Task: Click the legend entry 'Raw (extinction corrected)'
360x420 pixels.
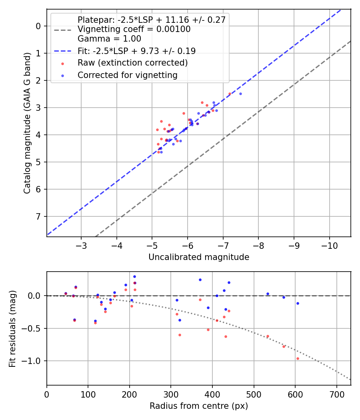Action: [132, 63]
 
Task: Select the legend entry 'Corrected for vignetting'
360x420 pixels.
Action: [128, 75]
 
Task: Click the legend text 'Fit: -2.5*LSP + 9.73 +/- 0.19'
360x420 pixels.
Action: [136, 51]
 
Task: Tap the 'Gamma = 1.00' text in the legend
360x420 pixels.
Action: [109, 39]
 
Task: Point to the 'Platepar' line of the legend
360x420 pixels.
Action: [152, 20]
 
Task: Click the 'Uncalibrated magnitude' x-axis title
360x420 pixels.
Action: [199, 257]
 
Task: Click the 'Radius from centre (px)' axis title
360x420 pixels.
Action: [199, 406]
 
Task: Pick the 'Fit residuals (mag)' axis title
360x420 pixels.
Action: [12, 329]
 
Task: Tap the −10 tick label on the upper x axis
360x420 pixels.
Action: [330, 244]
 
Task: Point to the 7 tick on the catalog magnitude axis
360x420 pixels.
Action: [38, 216]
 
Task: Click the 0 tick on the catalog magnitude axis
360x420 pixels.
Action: [38, 26]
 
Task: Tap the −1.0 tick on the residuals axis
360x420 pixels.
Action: [33, 361]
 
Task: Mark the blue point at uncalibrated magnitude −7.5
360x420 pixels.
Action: [240, 94]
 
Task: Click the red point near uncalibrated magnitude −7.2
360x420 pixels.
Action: [230, 94]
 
